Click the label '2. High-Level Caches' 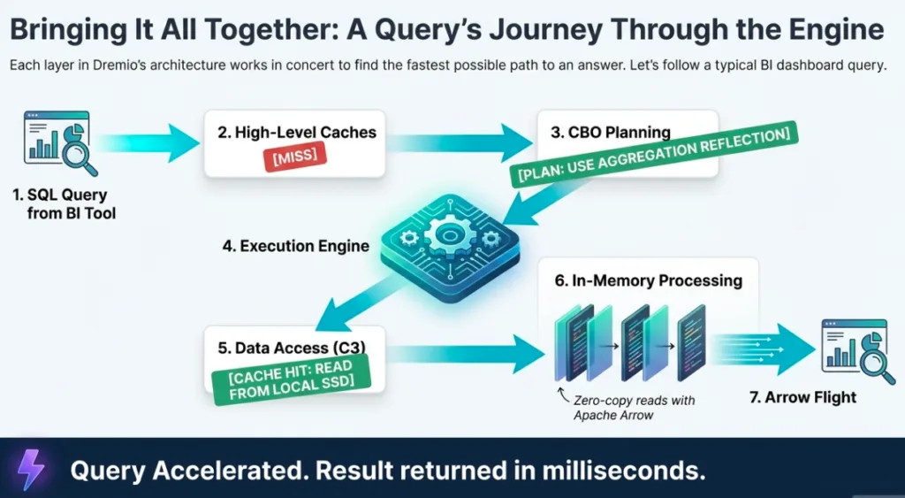click(x=297, y=133)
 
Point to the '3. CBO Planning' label click(x=610, y=133)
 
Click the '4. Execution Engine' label click(x=296, y=246)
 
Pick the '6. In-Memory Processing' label click(x=649, y=280)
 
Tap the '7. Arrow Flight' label click(x=802, y=397)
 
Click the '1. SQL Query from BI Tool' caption click(x=65, y=203)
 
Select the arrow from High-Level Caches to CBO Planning click(x=460, y=139)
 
